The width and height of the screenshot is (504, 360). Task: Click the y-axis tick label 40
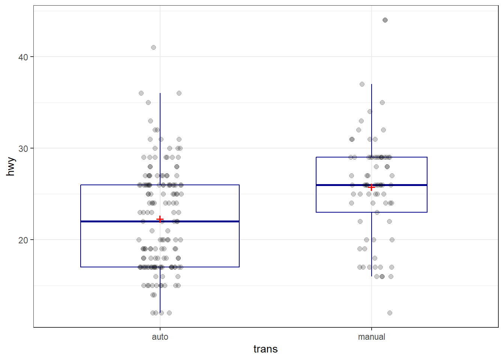click(x=23, y=57)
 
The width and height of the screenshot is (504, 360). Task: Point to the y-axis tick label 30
click(x=23, y=148)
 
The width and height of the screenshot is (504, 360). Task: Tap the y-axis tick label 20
click(x=23, y=240)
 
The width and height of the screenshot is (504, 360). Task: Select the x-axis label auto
click(x=160, y=337)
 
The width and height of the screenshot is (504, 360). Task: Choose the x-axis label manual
click(x=371, y=337)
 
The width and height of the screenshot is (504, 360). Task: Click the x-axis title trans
click(x=265, y=349)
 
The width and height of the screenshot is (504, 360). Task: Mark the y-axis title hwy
click(x=10, y=166)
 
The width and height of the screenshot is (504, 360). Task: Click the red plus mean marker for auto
click(x=160, y=219)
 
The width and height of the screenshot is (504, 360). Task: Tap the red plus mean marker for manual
click(x=371, y=187)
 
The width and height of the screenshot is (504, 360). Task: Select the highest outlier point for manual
click(x=385, y=20)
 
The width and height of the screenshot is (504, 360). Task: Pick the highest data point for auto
click(x=153, y=48)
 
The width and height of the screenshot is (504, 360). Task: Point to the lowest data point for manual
click(x=390, y=313)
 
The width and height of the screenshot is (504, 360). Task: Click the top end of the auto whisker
click(x=160, y=93)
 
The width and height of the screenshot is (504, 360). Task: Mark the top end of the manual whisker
click(x=372, y=84)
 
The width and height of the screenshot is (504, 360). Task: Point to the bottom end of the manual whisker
click(x=372, y=276)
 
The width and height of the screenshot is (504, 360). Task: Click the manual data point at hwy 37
click(x=362, y=84)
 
